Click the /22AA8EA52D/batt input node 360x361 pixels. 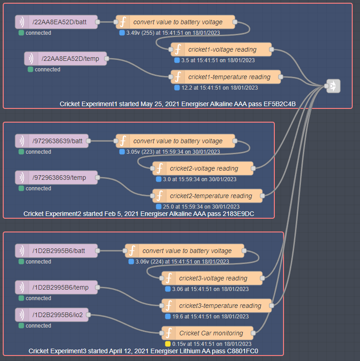(57, 22)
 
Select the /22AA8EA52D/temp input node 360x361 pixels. (66, 59)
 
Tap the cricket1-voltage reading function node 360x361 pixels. (222, 49)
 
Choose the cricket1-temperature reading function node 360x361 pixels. (226, 77)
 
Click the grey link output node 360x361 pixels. (333, 86)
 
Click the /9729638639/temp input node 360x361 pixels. (57, 178)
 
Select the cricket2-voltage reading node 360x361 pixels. (203, 168)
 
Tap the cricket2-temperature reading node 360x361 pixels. (208, 196)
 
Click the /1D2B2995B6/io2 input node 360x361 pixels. (52, 315)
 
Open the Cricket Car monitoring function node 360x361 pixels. (208, 333)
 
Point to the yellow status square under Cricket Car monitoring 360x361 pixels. (168, 344)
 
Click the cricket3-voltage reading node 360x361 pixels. (213, 278)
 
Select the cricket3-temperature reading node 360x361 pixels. (217, 306)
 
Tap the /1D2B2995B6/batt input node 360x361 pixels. (57, 251)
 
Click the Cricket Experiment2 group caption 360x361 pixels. (139, 214)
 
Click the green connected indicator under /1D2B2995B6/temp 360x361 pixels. (21, 298)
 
